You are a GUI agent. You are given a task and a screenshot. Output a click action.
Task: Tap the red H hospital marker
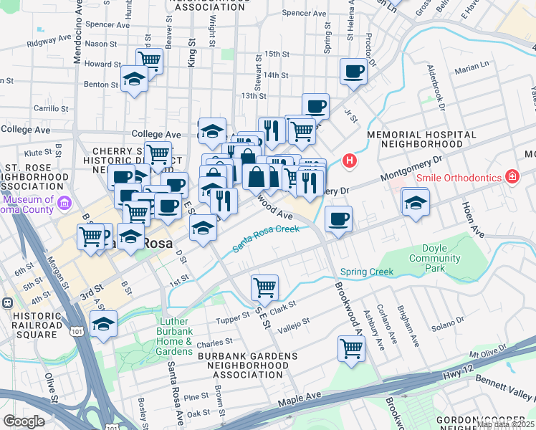click(349, 159)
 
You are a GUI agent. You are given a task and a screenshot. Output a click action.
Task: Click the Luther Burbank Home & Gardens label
click(175, 336)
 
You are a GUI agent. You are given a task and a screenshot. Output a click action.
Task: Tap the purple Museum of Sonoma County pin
click(64, 204)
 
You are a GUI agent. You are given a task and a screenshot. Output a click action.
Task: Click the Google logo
click(24, 421)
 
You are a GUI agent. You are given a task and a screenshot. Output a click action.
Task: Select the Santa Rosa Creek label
click(265, 239)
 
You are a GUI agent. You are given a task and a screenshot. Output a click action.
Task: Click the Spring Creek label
click(367, 272)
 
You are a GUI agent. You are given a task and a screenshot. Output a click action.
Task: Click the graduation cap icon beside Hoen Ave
click(415, 201)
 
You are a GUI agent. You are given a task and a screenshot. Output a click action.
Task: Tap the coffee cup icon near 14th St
click(354, 71)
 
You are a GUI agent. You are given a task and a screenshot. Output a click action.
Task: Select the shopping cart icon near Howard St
click(149, 60)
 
